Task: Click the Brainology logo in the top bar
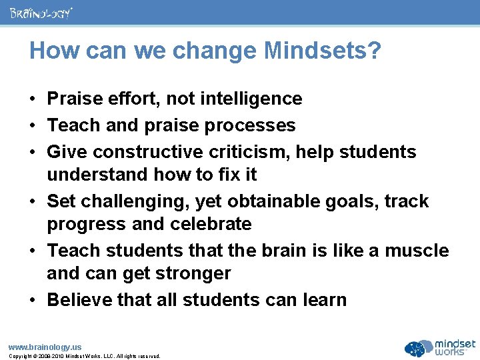tap(41, 13)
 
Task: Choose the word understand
tap(97, 175)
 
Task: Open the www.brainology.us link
tap(45, 347)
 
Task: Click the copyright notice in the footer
tap(84, 356)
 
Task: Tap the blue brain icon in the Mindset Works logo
tap(418, 348)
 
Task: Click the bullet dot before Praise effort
tap(32, 99)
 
